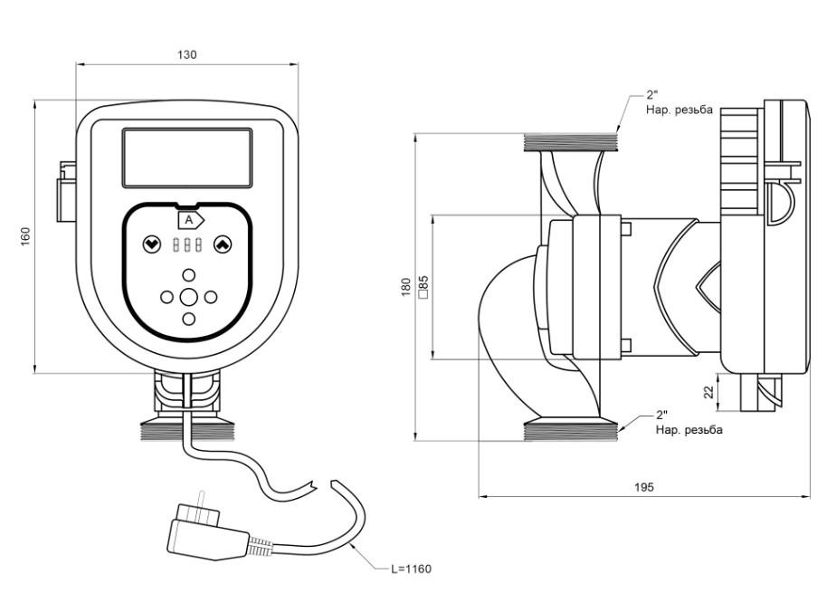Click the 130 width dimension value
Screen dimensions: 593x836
(x=186, y=55)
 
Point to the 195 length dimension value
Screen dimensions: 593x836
(x=643, y=487)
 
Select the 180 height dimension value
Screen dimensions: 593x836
(x=407, y=287)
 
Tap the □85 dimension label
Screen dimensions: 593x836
(x=423, y=287)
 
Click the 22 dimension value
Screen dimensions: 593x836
(x=708, y=392)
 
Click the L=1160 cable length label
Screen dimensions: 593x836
(x=411, y=569)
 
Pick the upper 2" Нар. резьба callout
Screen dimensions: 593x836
(x=679, y=102)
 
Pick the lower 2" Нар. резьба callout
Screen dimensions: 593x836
(x=688, y=423)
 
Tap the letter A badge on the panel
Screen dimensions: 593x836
(x=188, y=220)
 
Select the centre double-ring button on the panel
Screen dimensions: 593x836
(x=188, y=297)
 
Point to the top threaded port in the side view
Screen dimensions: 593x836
(x=571, y=142)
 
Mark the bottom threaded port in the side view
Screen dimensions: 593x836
(x=571, y=432)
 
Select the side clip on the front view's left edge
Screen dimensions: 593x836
(x=67, y=191)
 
